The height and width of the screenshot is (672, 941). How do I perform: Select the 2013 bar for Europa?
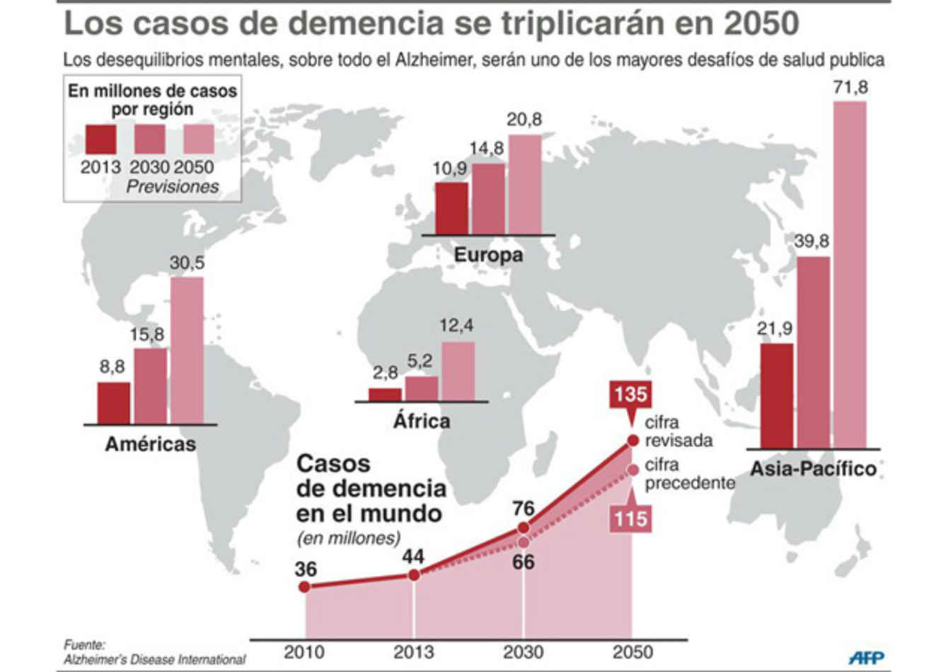pyautogui.click(x=451, y=208)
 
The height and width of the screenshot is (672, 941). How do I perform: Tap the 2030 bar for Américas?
pyautogui.click(x=150, y=386)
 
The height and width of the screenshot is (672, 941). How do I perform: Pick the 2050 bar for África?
pyautogui.click(x=458, y=371)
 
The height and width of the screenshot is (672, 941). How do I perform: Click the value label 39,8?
pyautogui.click(x=812, y=242)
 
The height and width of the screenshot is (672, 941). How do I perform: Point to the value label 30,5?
pyautogui.click(x=187, y=263)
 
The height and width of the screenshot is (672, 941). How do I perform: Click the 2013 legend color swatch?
pyautogui.click(x=100, y=140)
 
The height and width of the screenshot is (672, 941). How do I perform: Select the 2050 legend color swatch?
pyautogui.click(x=198, y=140)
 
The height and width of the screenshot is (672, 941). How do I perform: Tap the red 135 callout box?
pyautogui.click(x=631, y=395)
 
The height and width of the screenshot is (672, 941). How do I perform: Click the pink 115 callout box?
pyautogui.click(x=630, y=519)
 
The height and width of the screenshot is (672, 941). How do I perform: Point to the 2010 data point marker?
pyautogui.click(x=304, y=586)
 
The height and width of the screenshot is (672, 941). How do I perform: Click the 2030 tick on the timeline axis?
pyautogui.click(x=523, y=651)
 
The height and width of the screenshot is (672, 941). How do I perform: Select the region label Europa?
pyautogui.click(x=488, y=255)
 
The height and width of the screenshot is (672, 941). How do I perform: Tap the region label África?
pyautogui.click(x=422, y=422)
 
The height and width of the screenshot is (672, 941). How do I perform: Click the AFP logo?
pyautogui.click(x=867, y=658)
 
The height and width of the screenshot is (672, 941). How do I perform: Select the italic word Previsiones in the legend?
pyautogui.click(x=172, y=187)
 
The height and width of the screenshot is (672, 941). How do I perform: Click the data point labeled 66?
pyautogui.click(x=523, y=542)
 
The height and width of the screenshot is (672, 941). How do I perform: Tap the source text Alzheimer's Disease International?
pyautogui.click(x=154, y=659)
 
